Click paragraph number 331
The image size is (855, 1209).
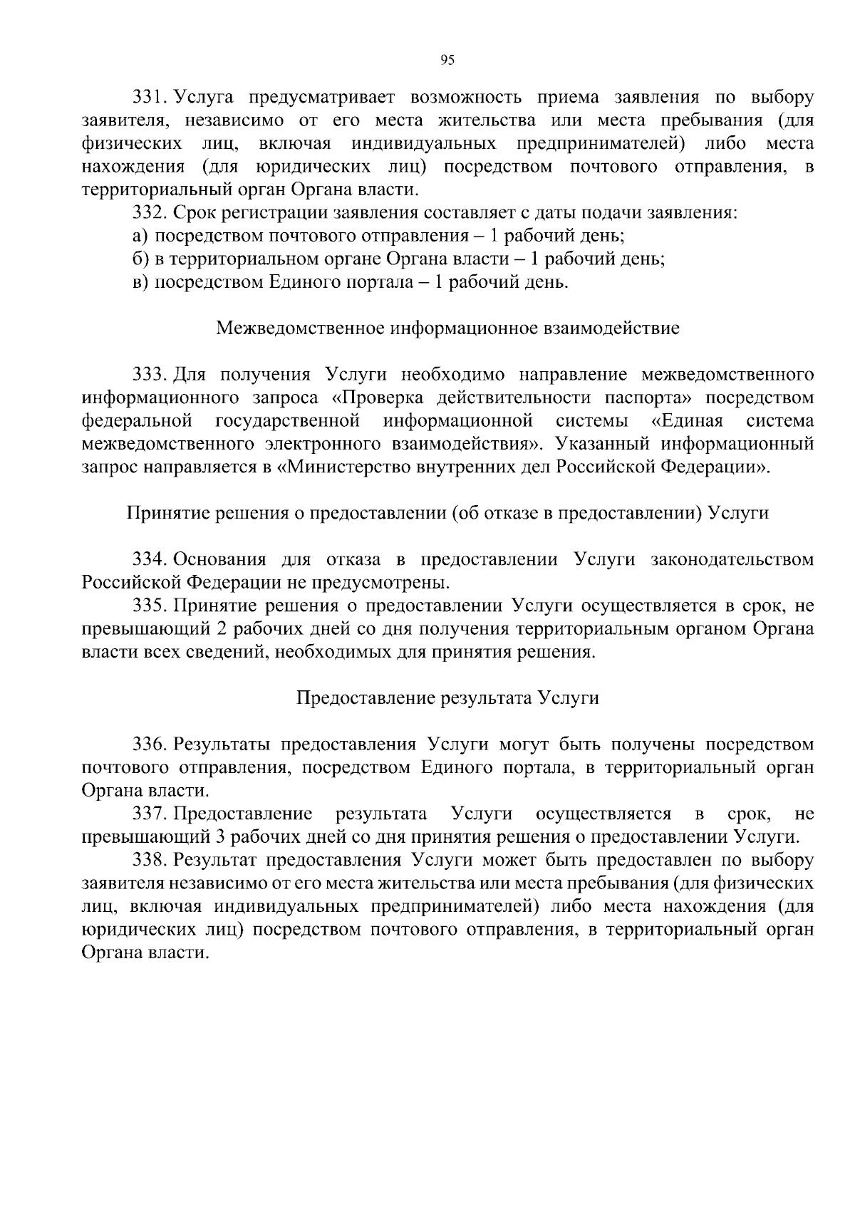click(150, 98)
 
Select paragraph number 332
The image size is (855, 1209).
click(150, 213)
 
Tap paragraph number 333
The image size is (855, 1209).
click(150, 375)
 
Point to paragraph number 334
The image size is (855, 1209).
click(150, 560)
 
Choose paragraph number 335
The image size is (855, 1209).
click(150, 606)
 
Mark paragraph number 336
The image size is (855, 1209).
click(150, 745)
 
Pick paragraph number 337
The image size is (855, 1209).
click(150, 814)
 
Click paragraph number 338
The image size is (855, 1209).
click(150, 861)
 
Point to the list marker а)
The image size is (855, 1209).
click(140, 237)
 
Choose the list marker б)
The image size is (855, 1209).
click(140, 259)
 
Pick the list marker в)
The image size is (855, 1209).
click(140, 283)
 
